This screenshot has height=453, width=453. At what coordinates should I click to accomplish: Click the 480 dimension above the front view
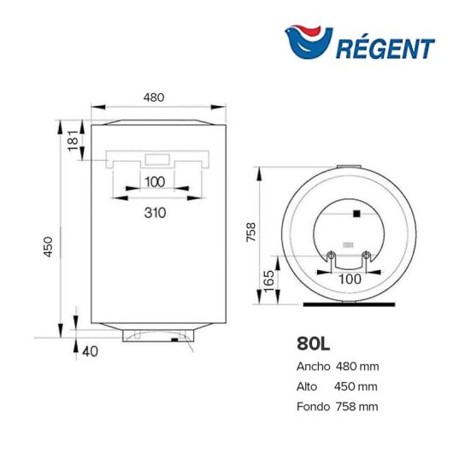click(x=153, y=97)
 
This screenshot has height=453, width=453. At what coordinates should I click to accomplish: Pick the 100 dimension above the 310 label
click(x=154, y=181)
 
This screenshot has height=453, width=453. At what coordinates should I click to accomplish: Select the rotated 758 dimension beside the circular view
click(x=250, y=233)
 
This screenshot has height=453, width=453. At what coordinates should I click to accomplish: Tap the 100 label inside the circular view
click(x=349, y=279)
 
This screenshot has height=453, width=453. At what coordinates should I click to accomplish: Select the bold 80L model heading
click(x=314, y=344)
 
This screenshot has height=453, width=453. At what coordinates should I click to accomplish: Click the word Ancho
click(x=313, y=367)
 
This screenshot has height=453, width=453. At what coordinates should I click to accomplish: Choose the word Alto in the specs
click(x=308, y=386)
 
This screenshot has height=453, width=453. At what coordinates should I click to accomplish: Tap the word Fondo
click(x=314, y=407)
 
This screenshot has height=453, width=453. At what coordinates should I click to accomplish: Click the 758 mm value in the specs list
click(x=360, y=407)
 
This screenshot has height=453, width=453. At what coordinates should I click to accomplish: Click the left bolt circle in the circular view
click(x=331, y=254)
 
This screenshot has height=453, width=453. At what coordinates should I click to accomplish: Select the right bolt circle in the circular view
click(x=367, y=254)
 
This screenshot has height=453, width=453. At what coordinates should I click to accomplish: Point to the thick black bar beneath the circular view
click(x=349, y=303)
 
